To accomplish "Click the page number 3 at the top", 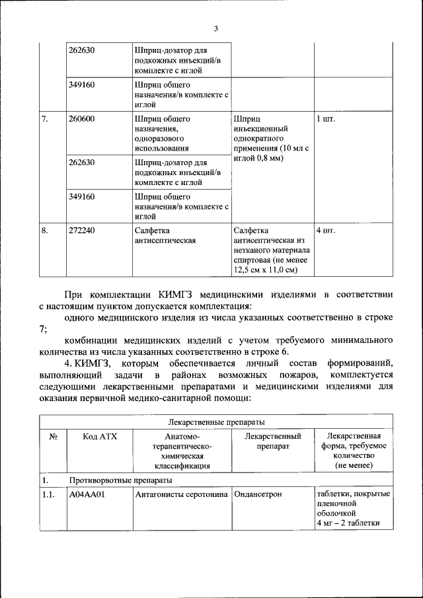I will click(x=215, y=28).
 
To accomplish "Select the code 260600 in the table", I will click(x=82, y=119).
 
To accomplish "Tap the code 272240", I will click(x=82, y=231).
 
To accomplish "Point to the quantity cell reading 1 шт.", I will click(x=326, y=119).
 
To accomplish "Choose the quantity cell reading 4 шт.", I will click(x=326, y=231).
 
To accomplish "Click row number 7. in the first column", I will click(x=45, y=119).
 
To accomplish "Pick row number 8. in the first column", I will click(x=45, y=231).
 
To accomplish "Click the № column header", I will click(x=53, y=436).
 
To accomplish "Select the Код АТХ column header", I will click(x=99, y=436).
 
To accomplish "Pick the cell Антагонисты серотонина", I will click(x=182, y=494).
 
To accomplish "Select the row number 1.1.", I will click(x=48, y=494).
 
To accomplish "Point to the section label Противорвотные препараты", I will click(x=120, y=480).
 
